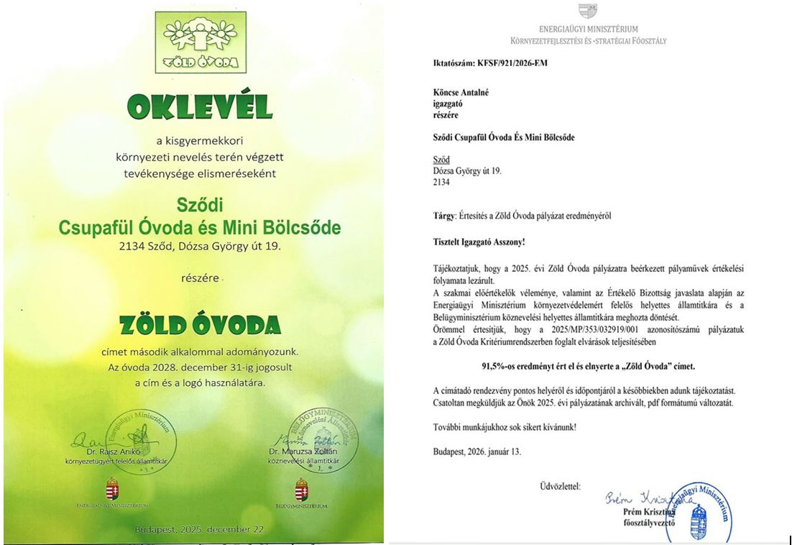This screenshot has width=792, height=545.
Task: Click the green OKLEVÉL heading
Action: click(199, 106)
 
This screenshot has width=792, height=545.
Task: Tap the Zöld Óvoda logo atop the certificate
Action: click(200, 41)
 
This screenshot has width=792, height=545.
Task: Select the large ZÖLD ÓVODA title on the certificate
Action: click(200, 324)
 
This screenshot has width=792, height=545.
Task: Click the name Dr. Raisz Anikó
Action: click(108, 452)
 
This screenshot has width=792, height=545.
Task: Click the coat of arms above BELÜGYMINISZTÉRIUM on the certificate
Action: click(302, 491)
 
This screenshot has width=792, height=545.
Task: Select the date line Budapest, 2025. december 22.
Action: click(200, 530)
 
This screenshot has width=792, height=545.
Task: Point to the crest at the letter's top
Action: click(588, 12)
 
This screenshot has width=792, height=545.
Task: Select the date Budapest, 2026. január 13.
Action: click(477, 452)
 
